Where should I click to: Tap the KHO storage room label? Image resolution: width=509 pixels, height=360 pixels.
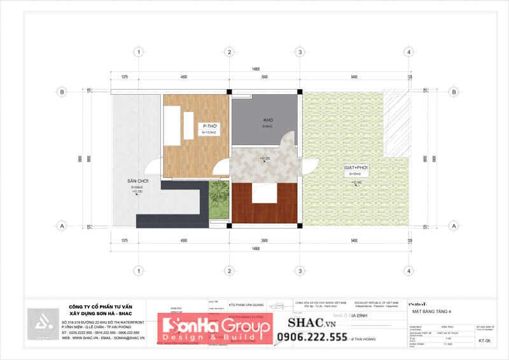pyautogui.click(x=268, y=120)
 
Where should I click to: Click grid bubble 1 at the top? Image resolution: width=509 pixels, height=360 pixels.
pyautogui.click(x=138, y=52)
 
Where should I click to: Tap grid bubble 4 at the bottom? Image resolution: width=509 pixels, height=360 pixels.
pyautogui.click(x=406, y=271)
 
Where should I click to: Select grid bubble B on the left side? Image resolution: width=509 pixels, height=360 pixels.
pyautogui.click(x=62, y=92)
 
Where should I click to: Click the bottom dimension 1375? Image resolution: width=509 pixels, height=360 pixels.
pyautogui.click(x=124, y=240)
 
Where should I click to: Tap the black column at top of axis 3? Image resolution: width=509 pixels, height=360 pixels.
pyautogui.click(x=299, y=92)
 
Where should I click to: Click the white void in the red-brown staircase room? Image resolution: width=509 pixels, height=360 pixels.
pyautogui.click(x=263, y=193)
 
